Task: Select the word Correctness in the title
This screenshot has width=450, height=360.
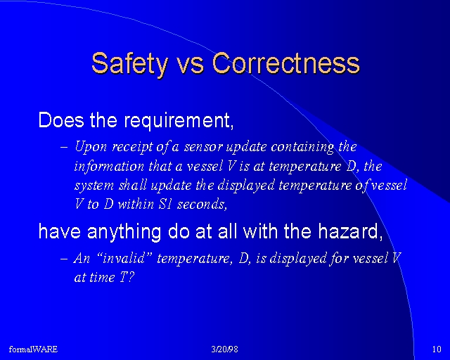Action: coord(286,63)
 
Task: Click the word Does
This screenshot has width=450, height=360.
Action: coord(61,120)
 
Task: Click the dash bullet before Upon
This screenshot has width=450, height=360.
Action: coord(64,147)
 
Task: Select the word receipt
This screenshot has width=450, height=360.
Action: coord(133,147)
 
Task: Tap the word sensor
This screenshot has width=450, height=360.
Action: coord(203,147)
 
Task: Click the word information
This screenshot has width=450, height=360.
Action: coord(110,167)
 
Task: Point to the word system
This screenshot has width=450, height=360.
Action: coord(94,186)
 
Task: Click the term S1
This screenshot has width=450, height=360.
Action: coord(165,205)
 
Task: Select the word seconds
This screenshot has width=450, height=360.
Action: coord(202,205)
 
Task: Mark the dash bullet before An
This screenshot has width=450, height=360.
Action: coord(64,258)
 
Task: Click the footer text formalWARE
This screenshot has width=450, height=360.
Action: coord(33,349)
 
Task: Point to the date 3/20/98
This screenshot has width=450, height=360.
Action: coord(225,349)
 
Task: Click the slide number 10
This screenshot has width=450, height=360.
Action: coord(437,349)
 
